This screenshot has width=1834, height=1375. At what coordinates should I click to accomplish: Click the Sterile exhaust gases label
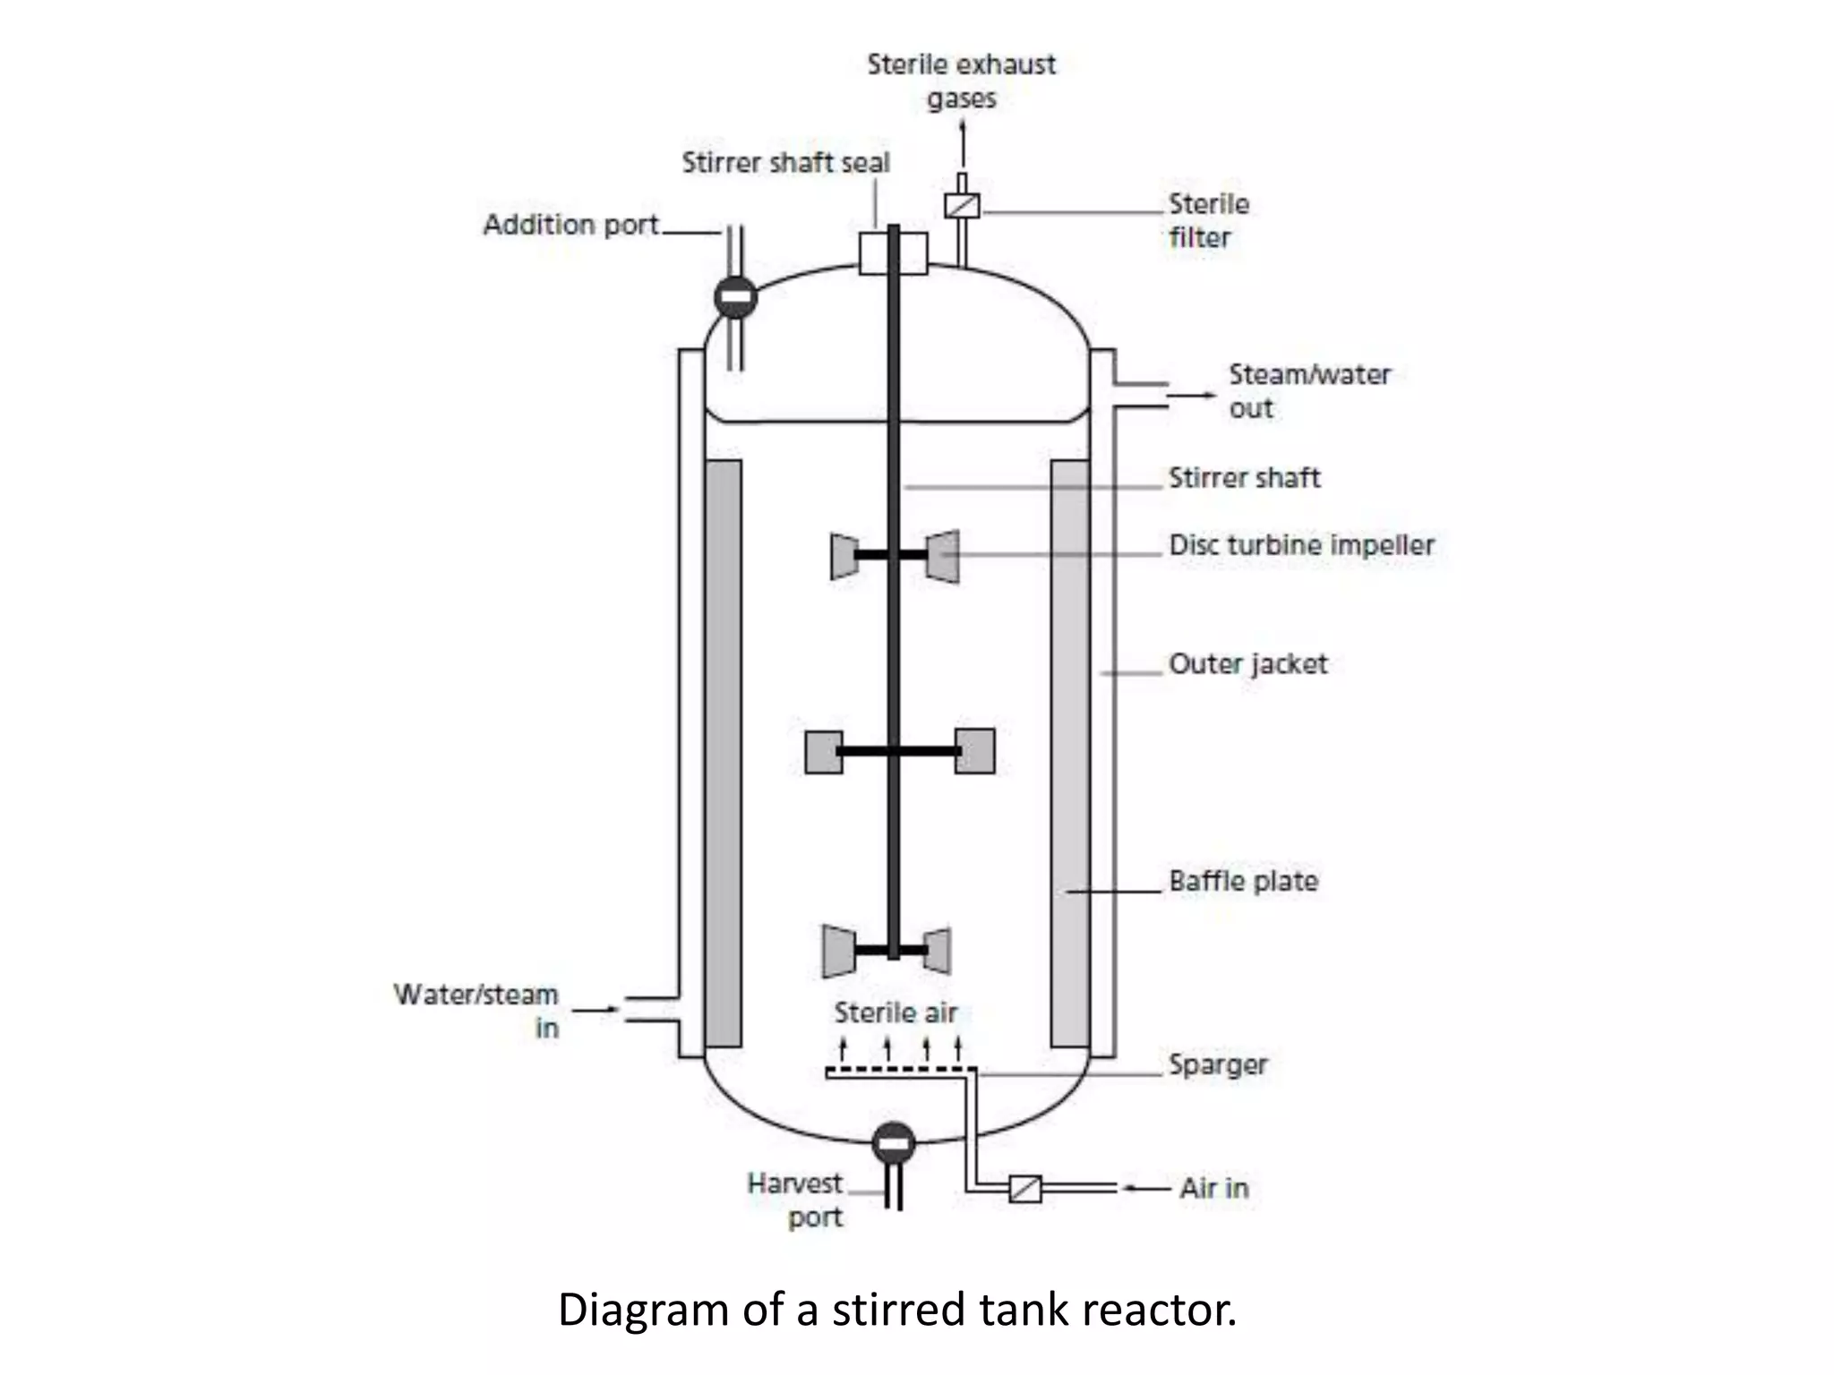961,81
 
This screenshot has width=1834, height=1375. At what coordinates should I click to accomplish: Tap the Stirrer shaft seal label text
785,163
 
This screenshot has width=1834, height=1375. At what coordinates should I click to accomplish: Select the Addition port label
570,225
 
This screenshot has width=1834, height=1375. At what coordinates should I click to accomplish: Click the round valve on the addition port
735,297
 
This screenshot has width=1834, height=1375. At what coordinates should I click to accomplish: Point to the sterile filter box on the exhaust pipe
962,206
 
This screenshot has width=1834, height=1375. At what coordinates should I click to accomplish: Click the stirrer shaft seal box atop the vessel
893,252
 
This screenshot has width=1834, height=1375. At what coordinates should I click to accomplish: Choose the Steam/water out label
1308,390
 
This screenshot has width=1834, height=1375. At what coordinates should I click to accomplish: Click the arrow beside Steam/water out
1191,395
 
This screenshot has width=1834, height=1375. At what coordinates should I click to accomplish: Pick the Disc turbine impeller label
1301,545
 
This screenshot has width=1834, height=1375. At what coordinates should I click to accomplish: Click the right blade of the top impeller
943,557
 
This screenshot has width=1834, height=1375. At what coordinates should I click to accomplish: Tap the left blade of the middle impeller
823,752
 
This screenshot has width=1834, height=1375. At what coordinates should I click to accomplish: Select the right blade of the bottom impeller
938,951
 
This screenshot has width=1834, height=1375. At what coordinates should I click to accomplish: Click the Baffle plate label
1243,881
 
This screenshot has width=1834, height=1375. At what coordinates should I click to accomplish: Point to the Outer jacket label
1247,664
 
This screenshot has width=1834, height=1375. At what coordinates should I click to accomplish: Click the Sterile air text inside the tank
896,1013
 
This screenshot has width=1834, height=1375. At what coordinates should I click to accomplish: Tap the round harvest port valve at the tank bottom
893,1143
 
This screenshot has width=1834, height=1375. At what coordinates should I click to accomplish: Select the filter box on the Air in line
1025,1188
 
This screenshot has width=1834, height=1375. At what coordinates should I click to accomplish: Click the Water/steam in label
476,1011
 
